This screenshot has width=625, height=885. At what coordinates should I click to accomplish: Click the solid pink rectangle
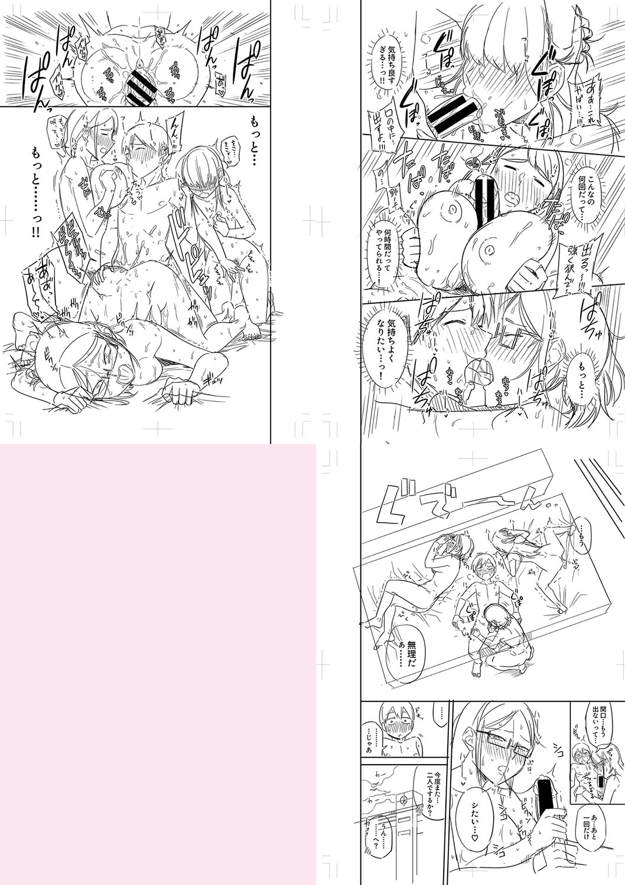coord(158,664)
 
